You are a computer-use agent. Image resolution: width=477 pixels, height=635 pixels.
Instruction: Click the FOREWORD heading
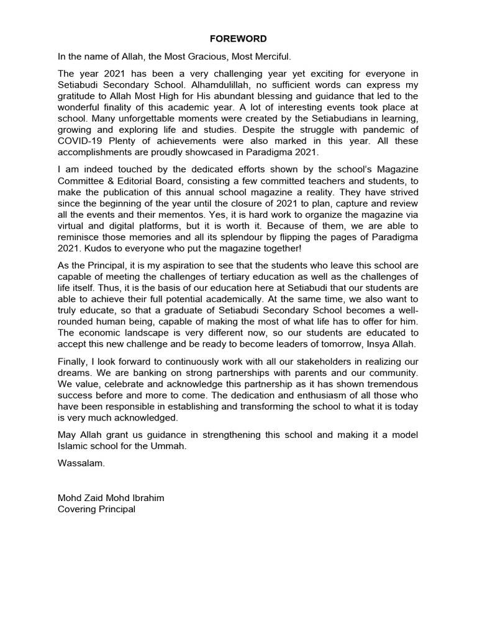point(238,38)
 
